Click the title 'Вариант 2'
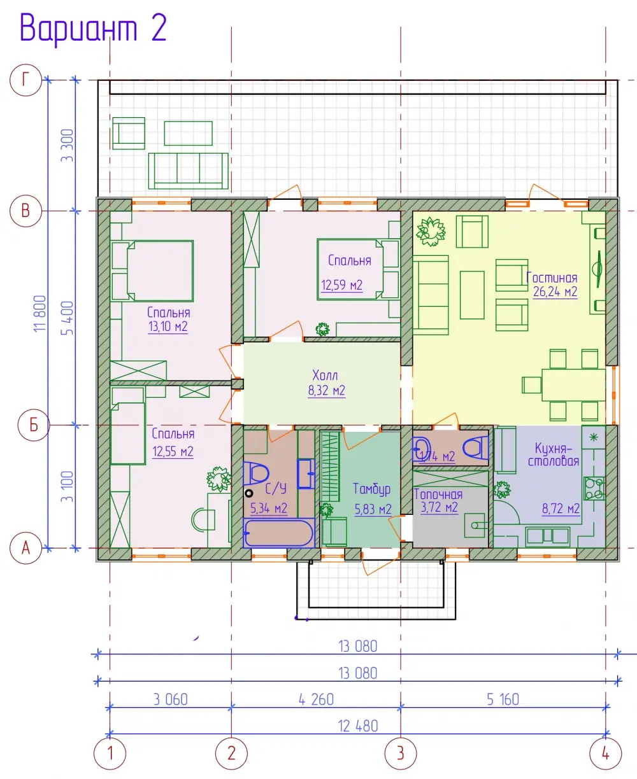click(93, 29)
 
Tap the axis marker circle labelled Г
click(25, 80)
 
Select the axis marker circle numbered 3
click(401, 754)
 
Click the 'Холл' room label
click(325, 375)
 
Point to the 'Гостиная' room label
click(552, 277)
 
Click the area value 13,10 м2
click(168, 326)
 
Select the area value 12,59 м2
click(341, 285)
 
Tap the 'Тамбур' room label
click(371, 489)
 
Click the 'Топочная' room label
click(438, 495)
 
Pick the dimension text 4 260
click(316, 699)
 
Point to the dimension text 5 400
click(68, 318)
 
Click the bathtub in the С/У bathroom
click(279, 533)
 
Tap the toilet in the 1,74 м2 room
click(475, 447)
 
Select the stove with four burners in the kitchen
click(594, 488)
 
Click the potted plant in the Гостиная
click(431, 232)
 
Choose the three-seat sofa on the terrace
click(188, 171)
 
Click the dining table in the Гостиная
click(574, 384)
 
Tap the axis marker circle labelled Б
click(34, 425)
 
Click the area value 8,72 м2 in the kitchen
click(561, 509)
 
